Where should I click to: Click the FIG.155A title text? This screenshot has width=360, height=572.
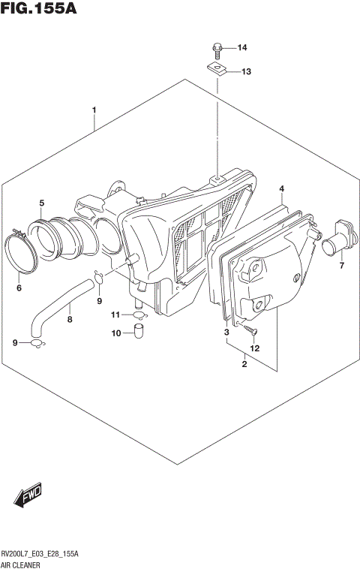pos(39,10)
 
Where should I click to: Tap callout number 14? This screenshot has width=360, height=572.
pos(242,49)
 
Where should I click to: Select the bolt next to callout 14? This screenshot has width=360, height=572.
pos(217,51)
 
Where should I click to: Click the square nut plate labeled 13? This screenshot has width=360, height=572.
pos(217,71)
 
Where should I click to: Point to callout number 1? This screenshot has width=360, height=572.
pos(94,110)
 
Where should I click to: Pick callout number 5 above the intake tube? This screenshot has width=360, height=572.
pos(42,203)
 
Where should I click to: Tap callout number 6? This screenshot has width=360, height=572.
pos(20,287)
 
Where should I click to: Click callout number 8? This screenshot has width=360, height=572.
pos(70,318)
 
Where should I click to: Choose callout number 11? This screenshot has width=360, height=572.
pos(116,314)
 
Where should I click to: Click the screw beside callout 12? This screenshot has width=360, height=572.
pos(250,330)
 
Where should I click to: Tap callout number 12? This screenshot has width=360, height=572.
pos(255,348)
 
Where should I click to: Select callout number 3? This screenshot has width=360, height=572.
pos(226,331)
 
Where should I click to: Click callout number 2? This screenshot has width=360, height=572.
pos(244,365)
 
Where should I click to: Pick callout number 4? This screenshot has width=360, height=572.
pos(281,188)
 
